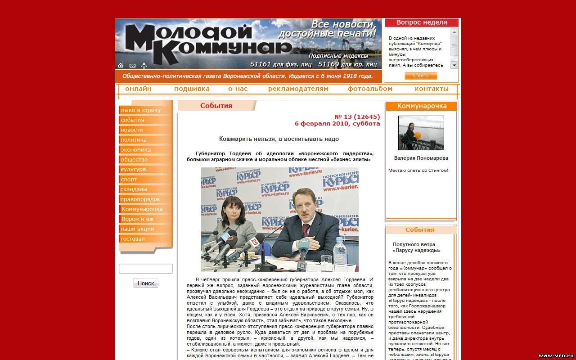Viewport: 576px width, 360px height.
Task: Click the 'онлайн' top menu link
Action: pyautogui.click(x=138, y=89)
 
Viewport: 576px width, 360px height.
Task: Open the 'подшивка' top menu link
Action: pyautogui.click(x=192, y=89)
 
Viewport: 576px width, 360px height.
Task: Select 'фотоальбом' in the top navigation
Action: pyautogui.click(x=370, y=89)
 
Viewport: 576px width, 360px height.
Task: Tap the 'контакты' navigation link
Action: pyautogui.click(x=432, y=89)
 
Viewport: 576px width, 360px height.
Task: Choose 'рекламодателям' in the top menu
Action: pyautogui.click(x=298, y=89)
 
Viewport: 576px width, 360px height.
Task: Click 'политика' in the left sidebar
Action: pyautogui.click(x=134, y=140)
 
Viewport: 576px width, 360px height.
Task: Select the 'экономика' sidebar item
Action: pyautogui.click(x=135, y=150)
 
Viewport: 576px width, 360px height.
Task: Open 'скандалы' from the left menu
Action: pyautogui.click(x=134, y=189)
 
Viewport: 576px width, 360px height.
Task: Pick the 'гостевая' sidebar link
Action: pyautogui.click(x=133, y=239)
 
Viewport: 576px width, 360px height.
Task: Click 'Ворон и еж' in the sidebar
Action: pyautogui.click(x=138, y=219)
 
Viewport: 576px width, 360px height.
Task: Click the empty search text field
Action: pyautogui.click(x=146, y=269)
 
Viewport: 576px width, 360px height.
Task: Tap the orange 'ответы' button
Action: pyautogui.click(x=421, y=76)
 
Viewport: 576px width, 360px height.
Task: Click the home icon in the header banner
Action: pyautogui.click(x=121, y=66)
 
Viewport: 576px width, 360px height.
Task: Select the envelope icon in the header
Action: pyautogui.click(x=132, y=66)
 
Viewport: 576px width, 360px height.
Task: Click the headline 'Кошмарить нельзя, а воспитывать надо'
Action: pyautogui.click(x=279, y=139)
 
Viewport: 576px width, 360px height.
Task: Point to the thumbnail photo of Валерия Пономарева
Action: pyautogui.click(x=421, y=133)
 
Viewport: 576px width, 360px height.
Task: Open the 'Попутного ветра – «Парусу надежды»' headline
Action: pyautogui.click(x=416, y=247)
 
